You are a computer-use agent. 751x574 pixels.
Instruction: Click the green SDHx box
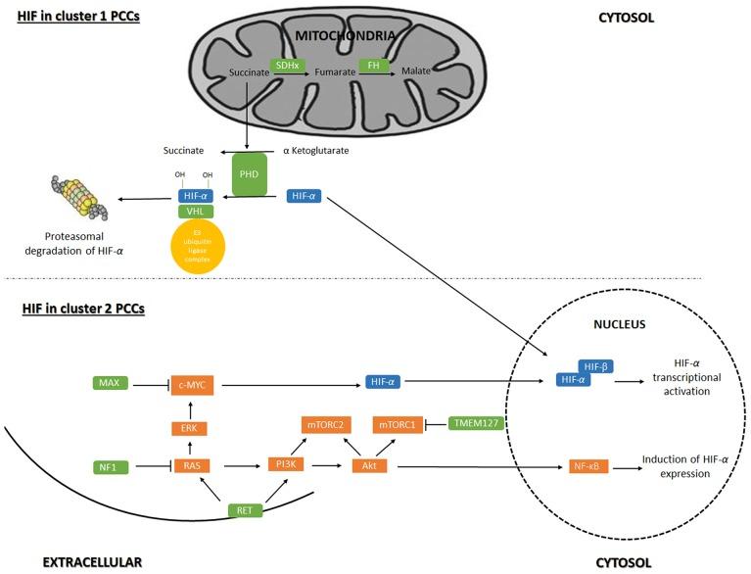288,65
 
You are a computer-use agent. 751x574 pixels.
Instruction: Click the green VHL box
194,211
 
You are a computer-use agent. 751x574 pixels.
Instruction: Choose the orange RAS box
192,465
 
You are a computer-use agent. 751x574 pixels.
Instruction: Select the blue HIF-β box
595,365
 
